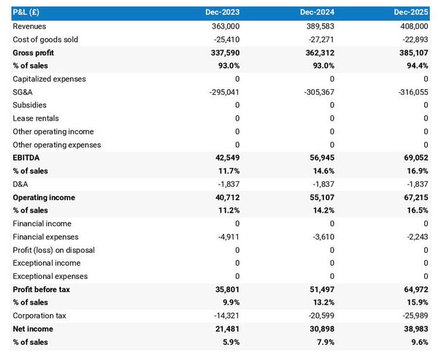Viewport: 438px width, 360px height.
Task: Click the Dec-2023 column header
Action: (223, 12)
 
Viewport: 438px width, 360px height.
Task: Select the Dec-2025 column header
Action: (411, 12)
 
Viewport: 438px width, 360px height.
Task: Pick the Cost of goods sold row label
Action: (45, 39)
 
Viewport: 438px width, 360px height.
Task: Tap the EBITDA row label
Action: (26, 158)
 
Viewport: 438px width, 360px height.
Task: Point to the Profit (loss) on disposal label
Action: (53, 250)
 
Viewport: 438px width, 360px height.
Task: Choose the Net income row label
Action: (33, 329)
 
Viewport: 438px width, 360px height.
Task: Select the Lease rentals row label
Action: (36, 118)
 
